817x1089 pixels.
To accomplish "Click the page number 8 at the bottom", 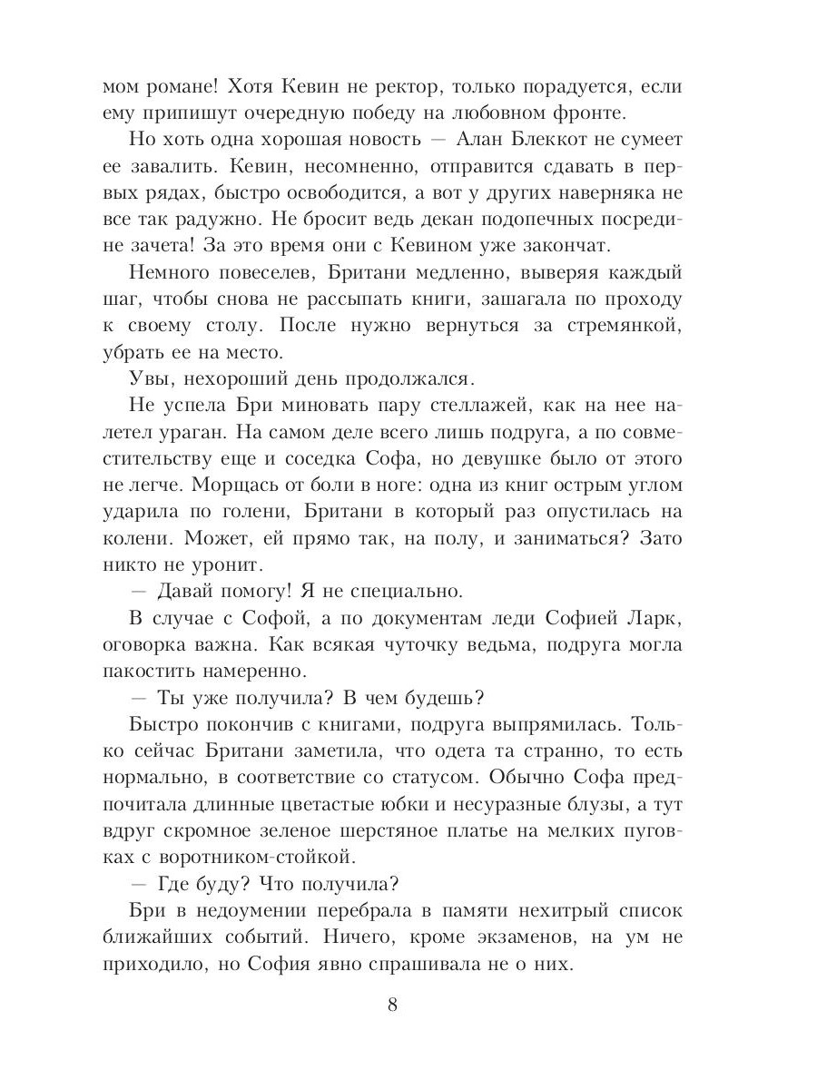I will click(x=392, y=1005).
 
